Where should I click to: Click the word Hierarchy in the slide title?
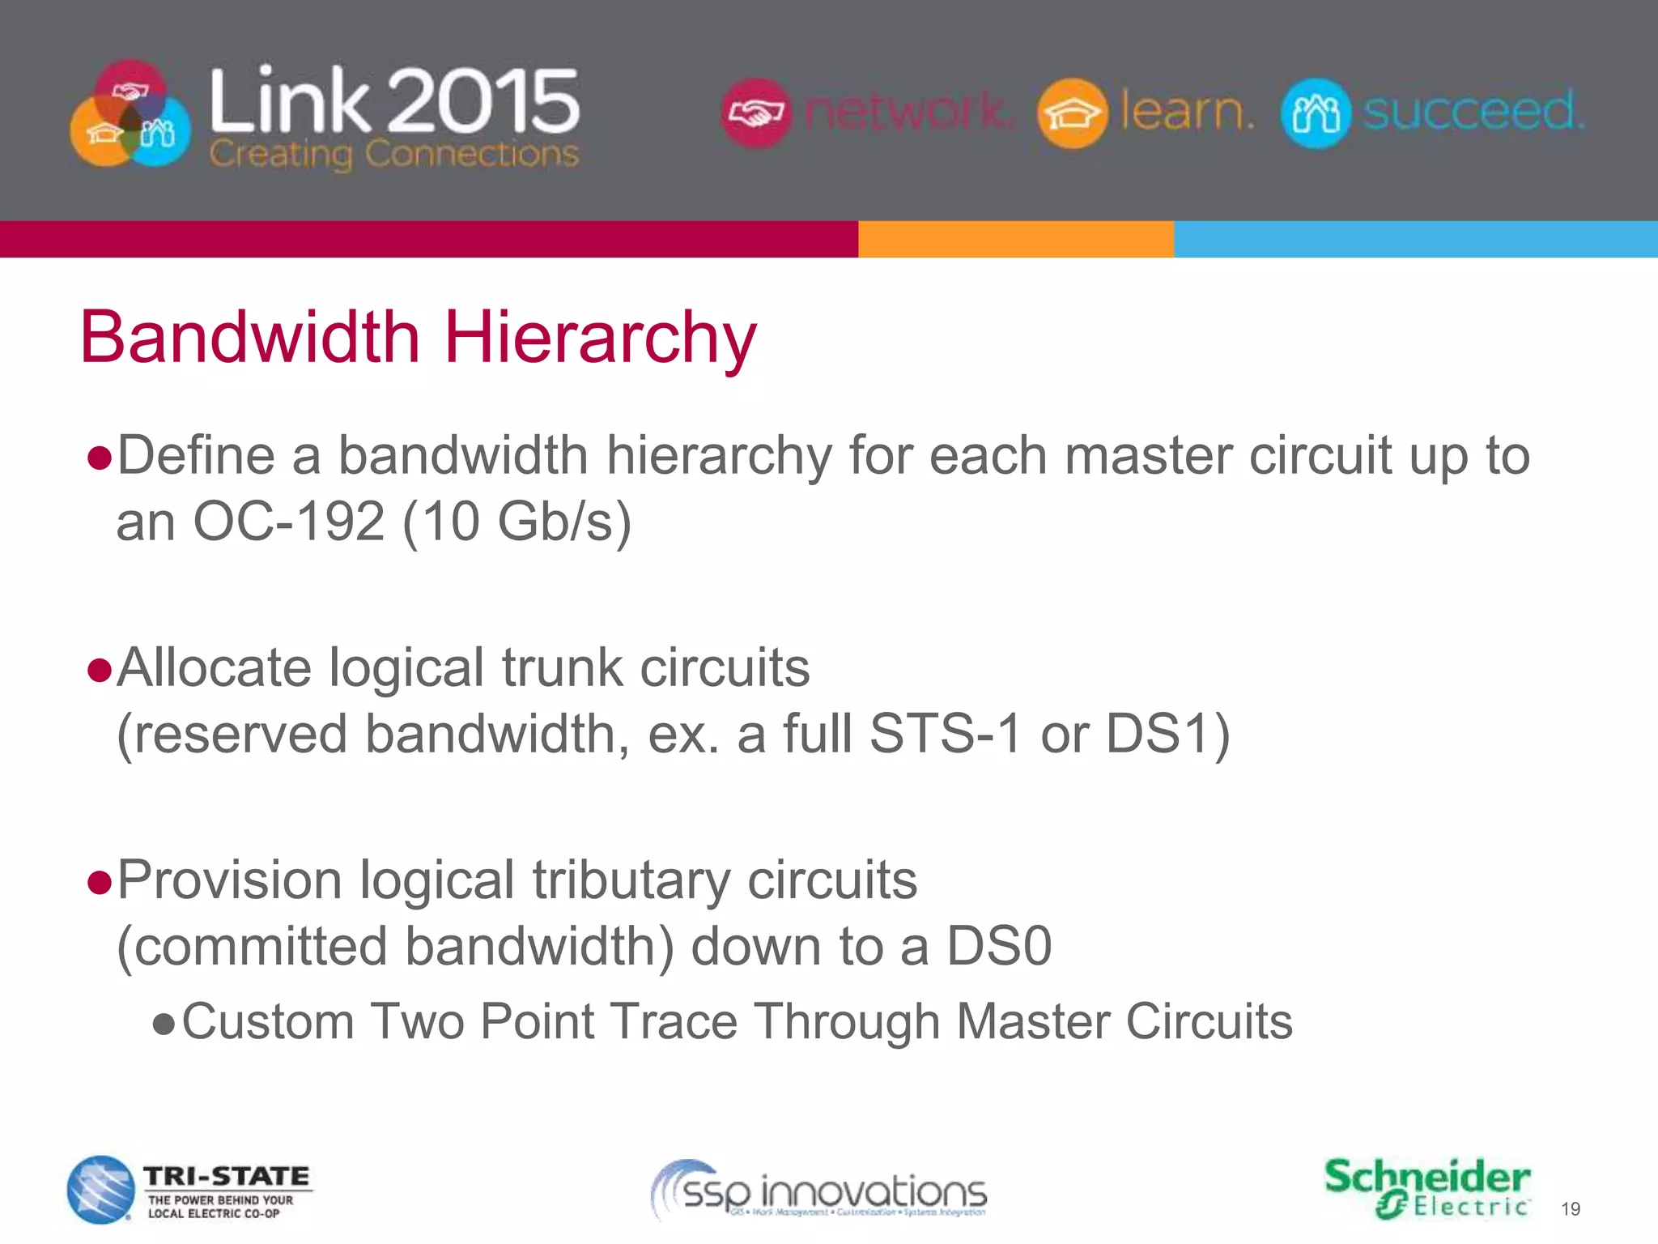[600, 339]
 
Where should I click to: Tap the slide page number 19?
[1570, 1209]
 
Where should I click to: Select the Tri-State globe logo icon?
[100, 1189]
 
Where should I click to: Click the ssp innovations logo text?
[834, 1193]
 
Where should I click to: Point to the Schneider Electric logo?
[1427, 1187]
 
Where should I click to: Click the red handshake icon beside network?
[755, 113]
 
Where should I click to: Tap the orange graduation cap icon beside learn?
[1072, 113]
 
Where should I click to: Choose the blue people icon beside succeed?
[1316, 113]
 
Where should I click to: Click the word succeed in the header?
[1473, 111]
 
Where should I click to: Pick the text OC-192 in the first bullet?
[288, 522]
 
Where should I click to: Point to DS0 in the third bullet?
[999, 946]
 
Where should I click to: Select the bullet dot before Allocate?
[99, 671]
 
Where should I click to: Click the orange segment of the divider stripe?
[1015, 240]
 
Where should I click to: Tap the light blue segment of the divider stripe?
[1415, 240]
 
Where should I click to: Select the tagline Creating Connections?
[394, 153]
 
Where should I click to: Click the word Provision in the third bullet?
[229, 880]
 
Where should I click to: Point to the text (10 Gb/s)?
[516, 522]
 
